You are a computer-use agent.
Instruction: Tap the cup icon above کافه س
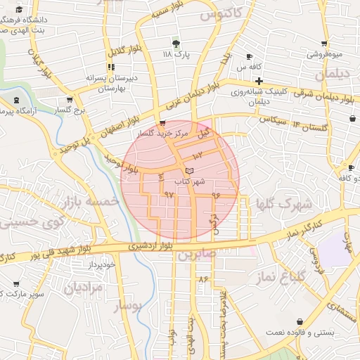249,56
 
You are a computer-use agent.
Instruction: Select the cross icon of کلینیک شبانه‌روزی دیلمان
259,81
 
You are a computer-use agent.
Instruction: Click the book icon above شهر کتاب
188,171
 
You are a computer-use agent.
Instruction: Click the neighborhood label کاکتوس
221,13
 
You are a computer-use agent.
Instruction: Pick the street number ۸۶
204,279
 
